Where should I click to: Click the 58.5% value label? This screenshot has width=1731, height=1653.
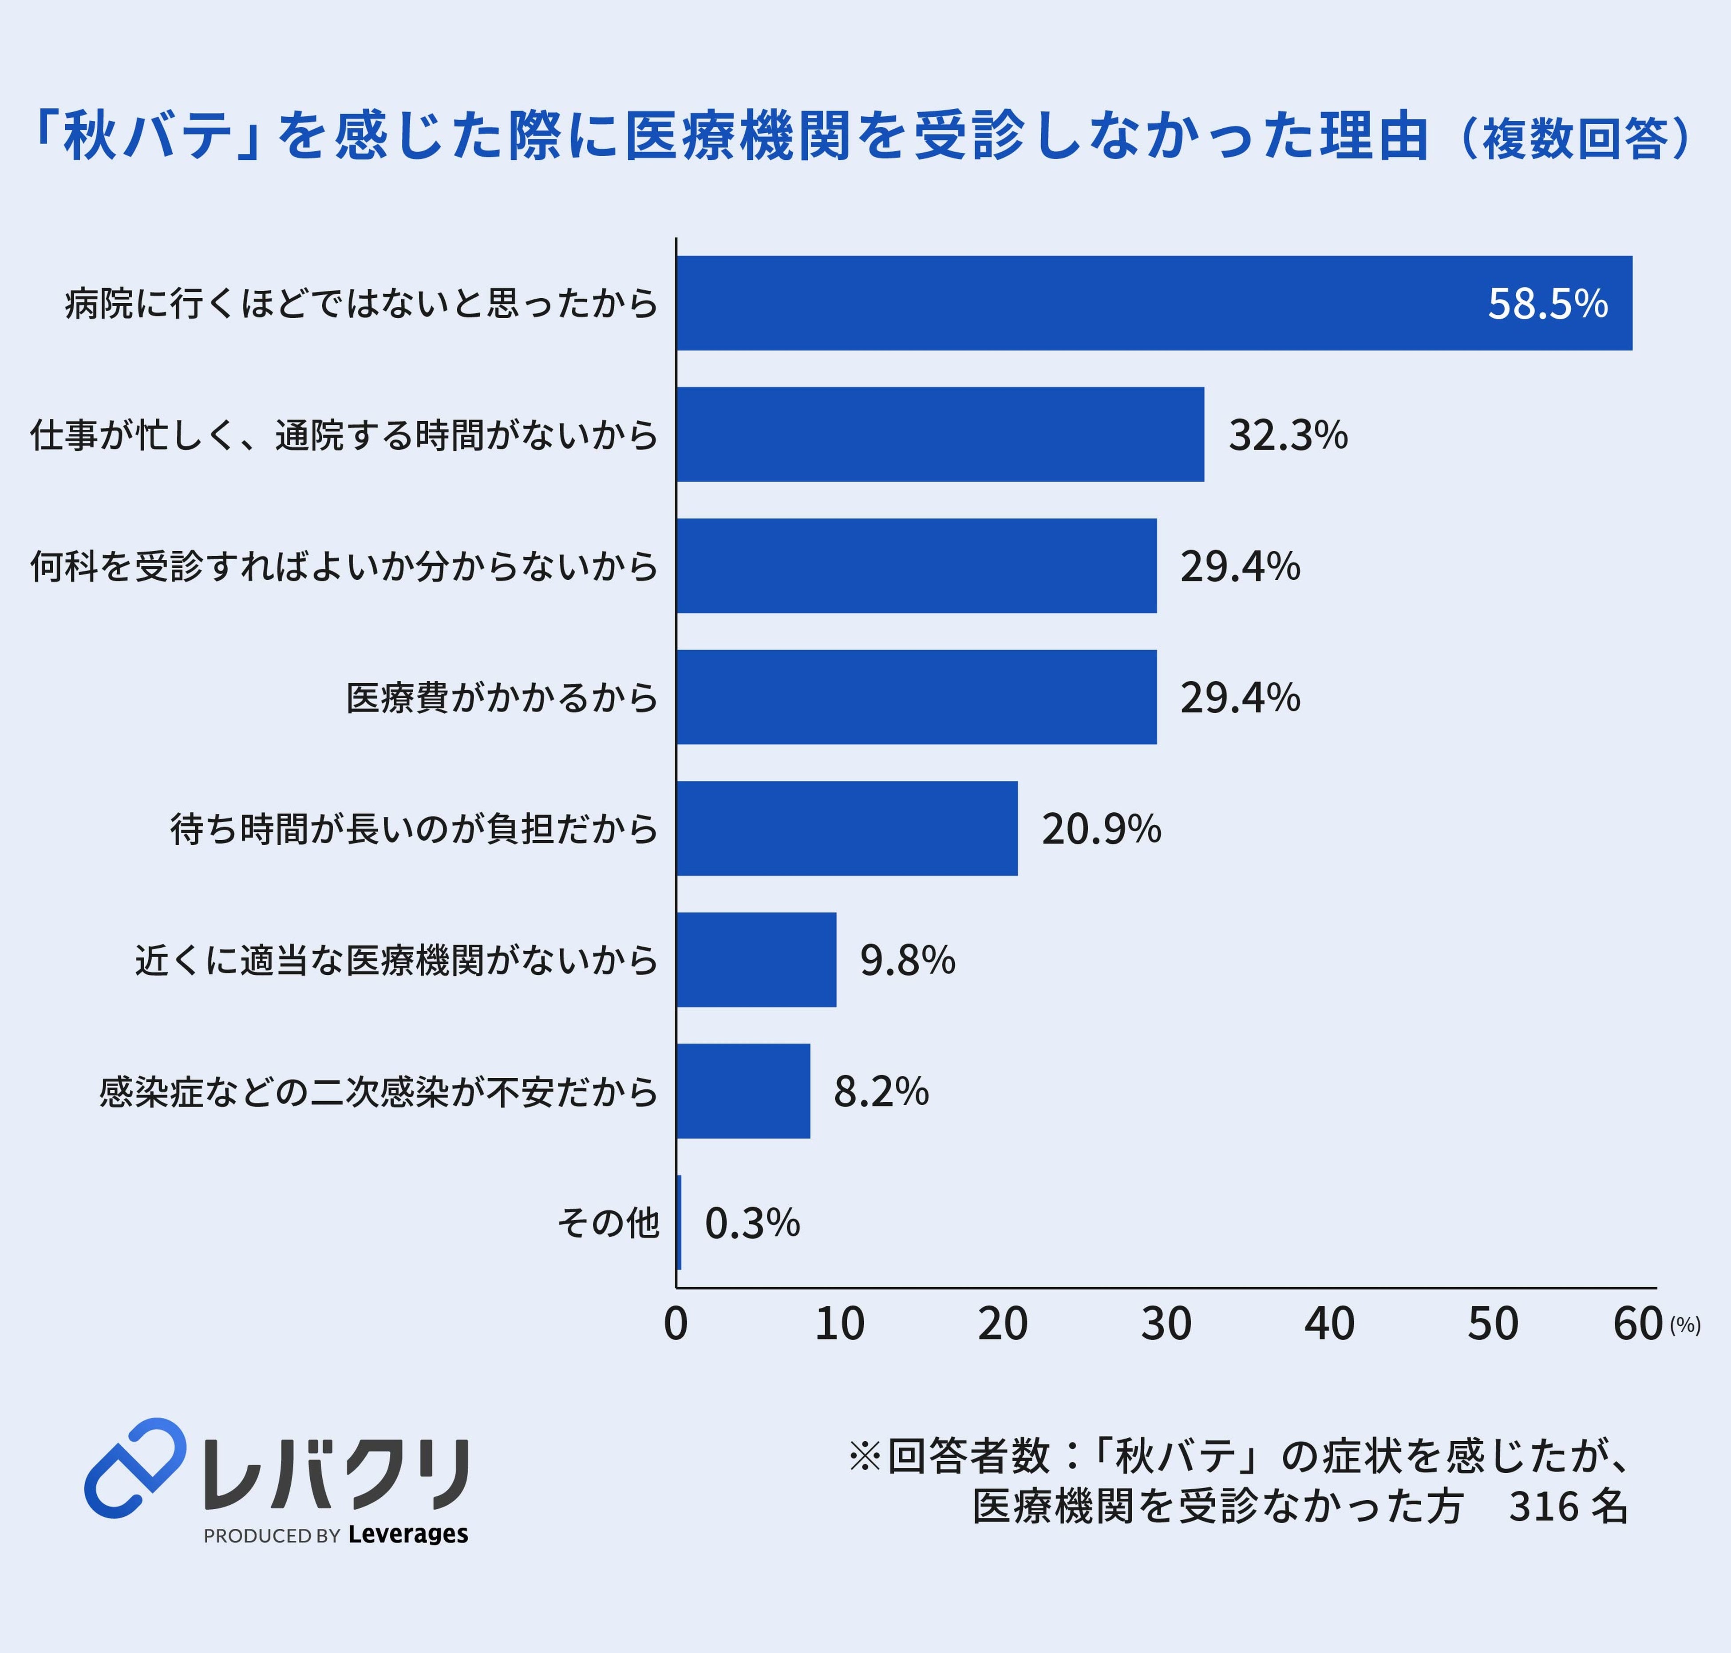pyautogui.click(x=1548, y=303)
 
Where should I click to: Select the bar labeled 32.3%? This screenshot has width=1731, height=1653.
pyautogui.click(x=940, y=435)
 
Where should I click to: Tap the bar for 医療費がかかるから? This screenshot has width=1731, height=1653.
pyautogui.click(x=916, y=697)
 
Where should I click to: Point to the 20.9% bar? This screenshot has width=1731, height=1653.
pyautogui.click(x=846, y=828)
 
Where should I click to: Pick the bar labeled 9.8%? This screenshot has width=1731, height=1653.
pyautogui.click(x=756, y=960)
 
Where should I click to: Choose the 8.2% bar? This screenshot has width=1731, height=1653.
pyautogui.click(x=743, y=1091)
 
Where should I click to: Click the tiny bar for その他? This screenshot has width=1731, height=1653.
pyautogui.click(x=678, y=1222)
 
